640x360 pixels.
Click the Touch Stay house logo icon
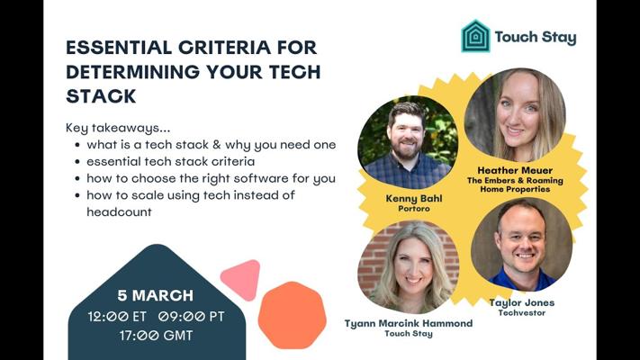pos(475,36)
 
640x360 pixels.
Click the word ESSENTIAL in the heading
pos(119,48)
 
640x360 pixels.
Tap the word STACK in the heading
pos(101,96)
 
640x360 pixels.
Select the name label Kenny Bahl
pos(414,198)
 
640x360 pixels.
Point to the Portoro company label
pos(414,209)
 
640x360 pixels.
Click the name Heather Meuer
pos(515,170)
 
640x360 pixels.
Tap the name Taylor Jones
pos(522,302)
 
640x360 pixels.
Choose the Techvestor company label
pos(522,313)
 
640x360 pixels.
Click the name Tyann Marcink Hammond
pos(409,323)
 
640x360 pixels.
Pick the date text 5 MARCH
pos(156,295)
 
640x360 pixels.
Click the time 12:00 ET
pos(117,316)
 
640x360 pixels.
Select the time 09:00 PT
pos(192,316)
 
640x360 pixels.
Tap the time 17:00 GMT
pos(156,336)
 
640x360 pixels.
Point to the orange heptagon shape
pos(293,315)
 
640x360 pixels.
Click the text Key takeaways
pos(118,128)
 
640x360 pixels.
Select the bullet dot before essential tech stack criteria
pos(77,162)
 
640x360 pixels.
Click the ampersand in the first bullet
pos(217,145)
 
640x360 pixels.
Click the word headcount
pos(119,211)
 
